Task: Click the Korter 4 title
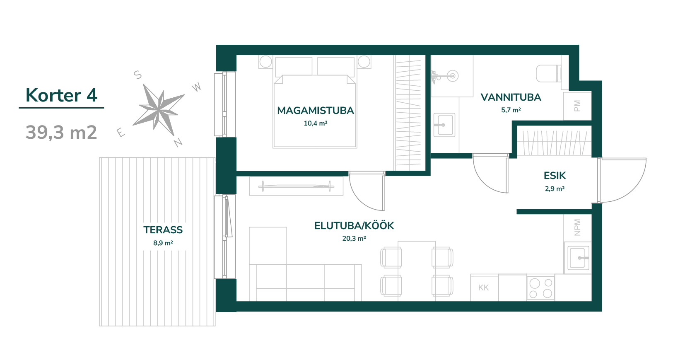click(61, 95)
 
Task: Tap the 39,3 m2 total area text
click(61, 133)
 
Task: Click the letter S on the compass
click(138, 75)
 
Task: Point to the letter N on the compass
click(178, 142)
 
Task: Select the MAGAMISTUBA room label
click(315, 111)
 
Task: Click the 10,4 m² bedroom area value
click(315, 123)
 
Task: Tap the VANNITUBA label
click(511, 97)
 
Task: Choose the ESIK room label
click(555, 176)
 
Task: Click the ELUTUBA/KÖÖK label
click(354, 226)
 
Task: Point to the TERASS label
click(163, 230)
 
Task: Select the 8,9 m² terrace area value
click(163, 243)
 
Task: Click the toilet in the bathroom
click(549, 73)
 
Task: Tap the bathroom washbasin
click(444, 125)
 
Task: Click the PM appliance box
click(577, 106)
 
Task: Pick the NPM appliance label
click(577, 227)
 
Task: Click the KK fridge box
click(485, 288)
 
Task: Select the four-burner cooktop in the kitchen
click(540, 288)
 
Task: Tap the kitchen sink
click(578, 258)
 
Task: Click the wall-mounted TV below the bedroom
click(297, 186)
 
